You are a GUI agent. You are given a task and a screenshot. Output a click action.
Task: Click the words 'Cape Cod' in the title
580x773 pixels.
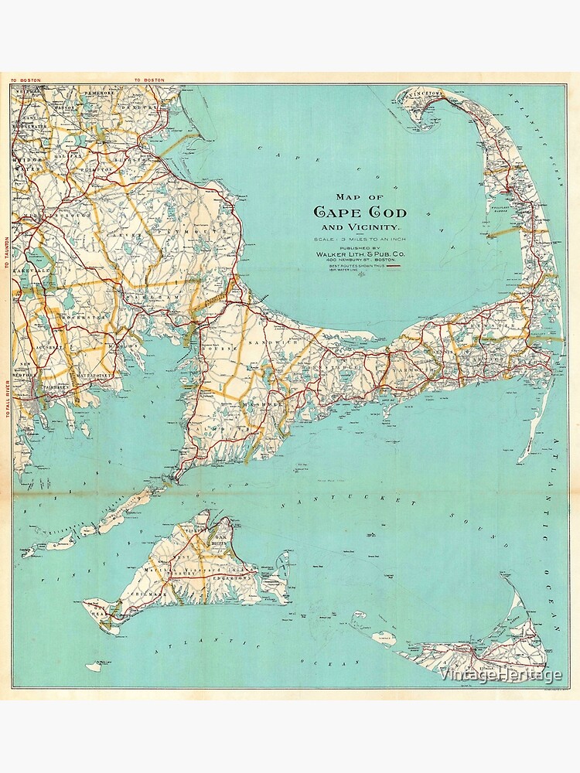coord(360,212)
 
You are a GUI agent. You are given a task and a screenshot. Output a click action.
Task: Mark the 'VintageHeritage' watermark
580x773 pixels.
coord(499,675)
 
